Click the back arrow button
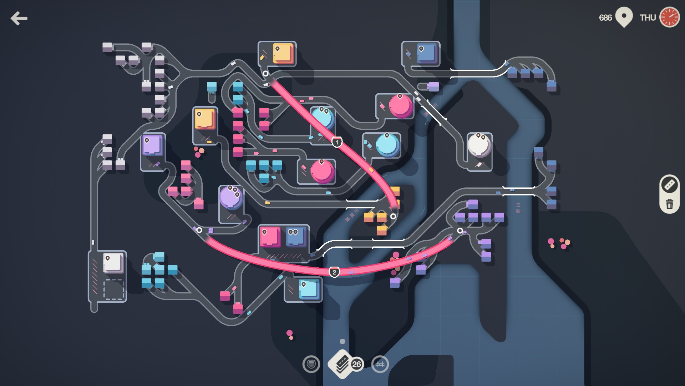19,18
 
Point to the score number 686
605,18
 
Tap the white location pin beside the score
624,17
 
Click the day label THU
648,18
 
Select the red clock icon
669,17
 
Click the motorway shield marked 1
337,142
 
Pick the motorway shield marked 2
334,272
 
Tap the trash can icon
669,204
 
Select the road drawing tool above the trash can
669,184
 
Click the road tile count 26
356,364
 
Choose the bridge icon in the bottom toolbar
380,364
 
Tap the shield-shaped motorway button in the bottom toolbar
311,364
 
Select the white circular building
479,145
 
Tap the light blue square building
308,289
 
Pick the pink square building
270,237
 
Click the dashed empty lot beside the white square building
113,289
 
